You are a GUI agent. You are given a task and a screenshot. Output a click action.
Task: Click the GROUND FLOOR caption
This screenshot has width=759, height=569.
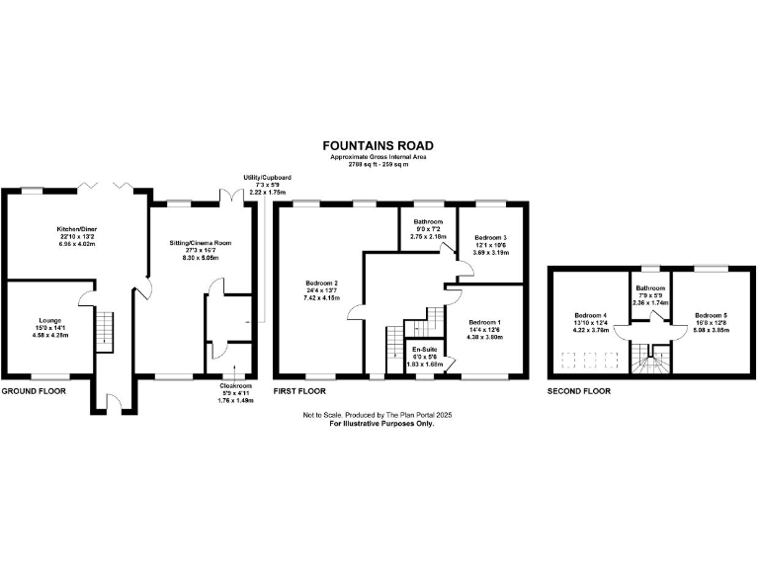click(x=34, y=391)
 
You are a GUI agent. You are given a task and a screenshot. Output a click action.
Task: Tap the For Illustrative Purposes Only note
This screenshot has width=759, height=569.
click(x=381, y=424)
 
